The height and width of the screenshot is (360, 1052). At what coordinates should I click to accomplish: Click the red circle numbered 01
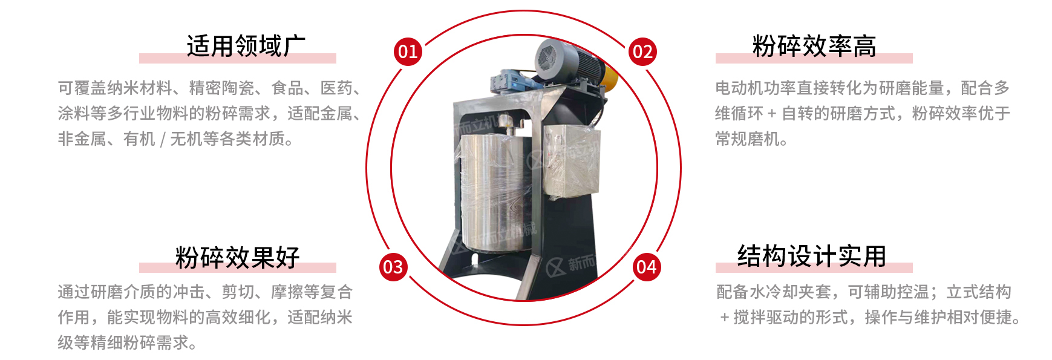click(x=408, y=51)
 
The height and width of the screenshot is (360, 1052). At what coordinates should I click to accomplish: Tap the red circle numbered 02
click(x=642, y=51)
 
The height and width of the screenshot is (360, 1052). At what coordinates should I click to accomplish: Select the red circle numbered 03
click(x=393, y=267)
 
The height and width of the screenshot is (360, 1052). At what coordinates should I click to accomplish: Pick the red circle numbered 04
click(x=647, y=267)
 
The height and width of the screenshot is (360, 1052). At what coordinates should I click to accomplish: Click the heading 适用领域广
click(x=246, y=46)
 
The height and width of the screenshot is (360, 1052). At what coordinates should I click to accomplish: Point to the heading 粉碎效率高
click(x=814, y=46)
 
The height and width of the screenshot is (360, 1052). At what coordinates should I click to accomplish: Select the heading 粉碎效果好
click(x=238, y=258)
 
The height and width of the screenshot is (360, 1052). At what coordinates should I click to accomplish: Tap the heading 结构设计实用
click(x=812, y=257)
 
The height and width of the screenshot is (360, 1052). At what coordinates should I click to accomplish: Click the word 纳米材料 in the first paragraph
click(x=140, y=88)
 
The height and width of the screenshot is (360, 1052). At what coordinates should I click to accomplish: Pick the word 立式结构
click(x=979, y=292)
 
